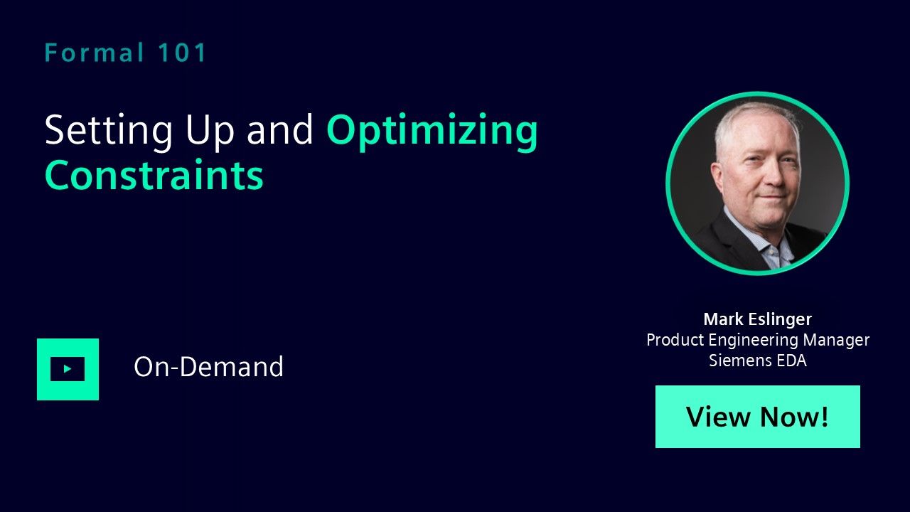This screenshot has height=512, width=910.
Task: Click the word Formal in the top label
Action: tap(95, 53)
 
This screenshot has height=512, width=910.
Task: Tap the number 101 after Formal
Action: tap(182, 53)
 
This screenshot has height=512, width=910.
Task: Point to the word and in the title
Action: tap(280, 129)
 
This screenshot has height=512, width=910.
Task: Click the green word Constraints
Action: tap(154, 175)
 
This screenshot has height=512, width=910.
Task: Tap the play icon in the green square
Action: tap(68, 369)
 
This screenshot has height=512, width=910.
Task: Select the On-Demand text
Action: tap(208, 366)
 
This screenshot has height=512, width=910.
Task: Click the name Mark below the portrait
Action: tap(724, 319)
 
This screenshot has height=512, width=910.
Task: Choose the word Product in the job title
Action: tap(675, 340)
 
